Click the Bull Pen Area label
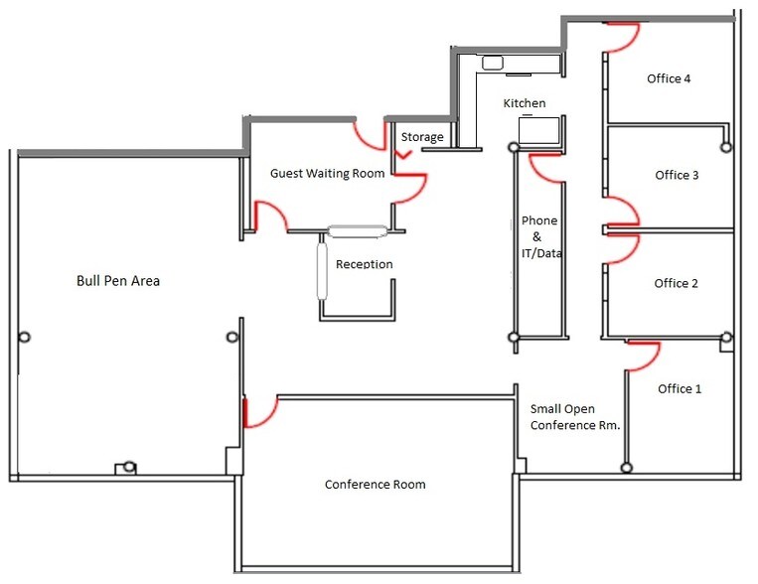pyautogui.click(x=118, y=281)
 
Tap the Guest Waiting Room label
pyautogui.click(x=327, y=173)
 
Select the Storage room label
pyautogui.click(x=422, y=137)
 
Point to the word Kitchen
pyautogui.click(x=525, y=103)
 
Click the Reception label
pyautogui.click(x=364, y=264)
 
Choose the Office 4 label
pyautogui.click(x=669, y=78)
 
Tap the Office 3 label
pyautogui.click(x=677, y=175)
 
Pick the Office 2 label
pyautogui.click(x=676, y=283)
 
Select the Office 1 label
pyautogui.click(x=680, y=388)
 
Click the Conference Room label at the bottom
pyautogui.click(x=376, y=485)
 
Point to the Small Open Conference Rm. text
pyautogui.click(x=575, y=417)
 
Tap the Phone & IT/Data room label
pyautogui.click(x=541, y=237)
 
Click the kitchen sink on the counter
pyautogui.click(x=492, y=63)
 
